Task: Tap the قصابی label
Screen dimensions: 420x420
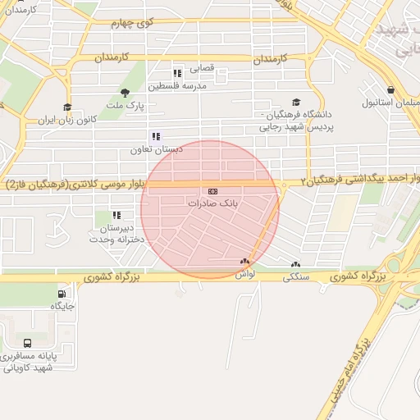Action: [202, 68]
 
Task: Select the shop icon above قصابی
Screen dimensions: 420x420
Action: [177, 72]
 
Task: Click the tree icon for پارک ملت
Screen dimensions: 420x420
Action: [125, 93]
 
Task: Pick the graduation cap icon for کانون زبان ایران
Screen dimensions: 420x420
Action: [67, 107]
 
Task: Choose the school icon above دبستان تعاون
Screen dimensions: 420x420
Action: [156, 137]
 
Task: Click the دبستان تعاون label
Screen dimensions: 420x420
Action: [155, 150]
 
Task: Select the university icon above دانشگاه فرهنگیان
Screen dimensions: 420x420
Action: [295, 103]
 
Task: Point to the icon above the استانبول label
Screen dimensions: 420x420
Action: [390, 90]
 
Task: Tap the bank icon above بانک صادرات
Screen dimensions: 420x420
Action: [213, 190]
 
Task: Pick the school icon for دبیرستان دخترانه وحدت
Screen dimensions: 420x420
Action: [116, 216]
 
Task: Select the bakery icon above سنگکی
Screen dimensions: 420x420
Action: [295, 265]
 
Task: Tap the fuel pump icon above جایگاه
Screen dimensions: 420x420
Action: [62, 294]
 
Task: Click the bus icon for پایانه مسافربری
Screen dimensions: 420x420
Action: [28, 344]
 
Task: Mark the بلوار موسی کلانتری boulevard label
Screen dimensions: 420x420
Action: [79, 183]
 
